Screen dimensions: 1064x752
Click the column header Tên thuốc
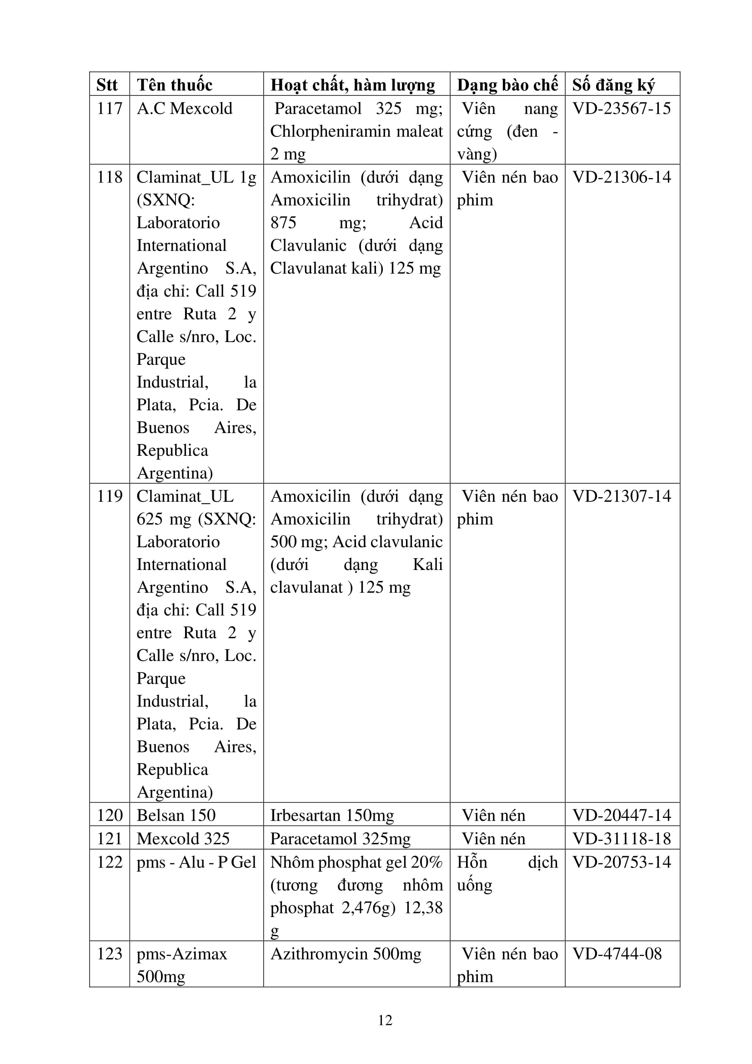click(175, 85)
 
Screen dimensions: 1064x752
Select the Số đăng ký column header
click(613, 85)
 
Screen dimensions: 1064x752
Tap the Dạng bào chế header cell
click(507, 85)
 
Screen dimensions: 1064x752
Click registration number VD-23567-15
click(622, 108)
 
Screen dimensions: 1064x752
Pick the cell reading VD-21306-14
click(622, 177)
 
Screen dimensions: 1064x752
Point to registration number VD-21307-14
click(622, 496)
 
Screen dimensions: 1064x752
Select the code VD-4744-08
click(617, 954)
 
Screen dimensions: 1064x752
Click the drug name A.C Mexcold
click(184, 108)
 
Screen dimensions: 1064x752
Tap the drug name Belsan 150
click(176, 815)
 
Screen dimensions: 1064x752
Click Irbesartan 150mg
click(332, 815)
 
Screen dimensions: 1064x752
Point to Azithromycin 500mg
click(346, 954)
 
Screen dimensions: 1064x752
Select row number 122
click(109, 862)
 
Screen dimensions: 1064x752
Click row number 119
click(109, 496)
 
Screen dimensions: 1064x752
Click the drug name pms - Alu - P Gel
click(196, 862)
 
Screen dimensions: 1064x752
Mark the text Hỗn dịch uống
click(507, 873)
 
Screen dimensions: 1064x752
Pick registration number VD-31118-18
click(622, 838)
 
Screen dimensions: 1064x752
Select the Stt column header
click(107, 85)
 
